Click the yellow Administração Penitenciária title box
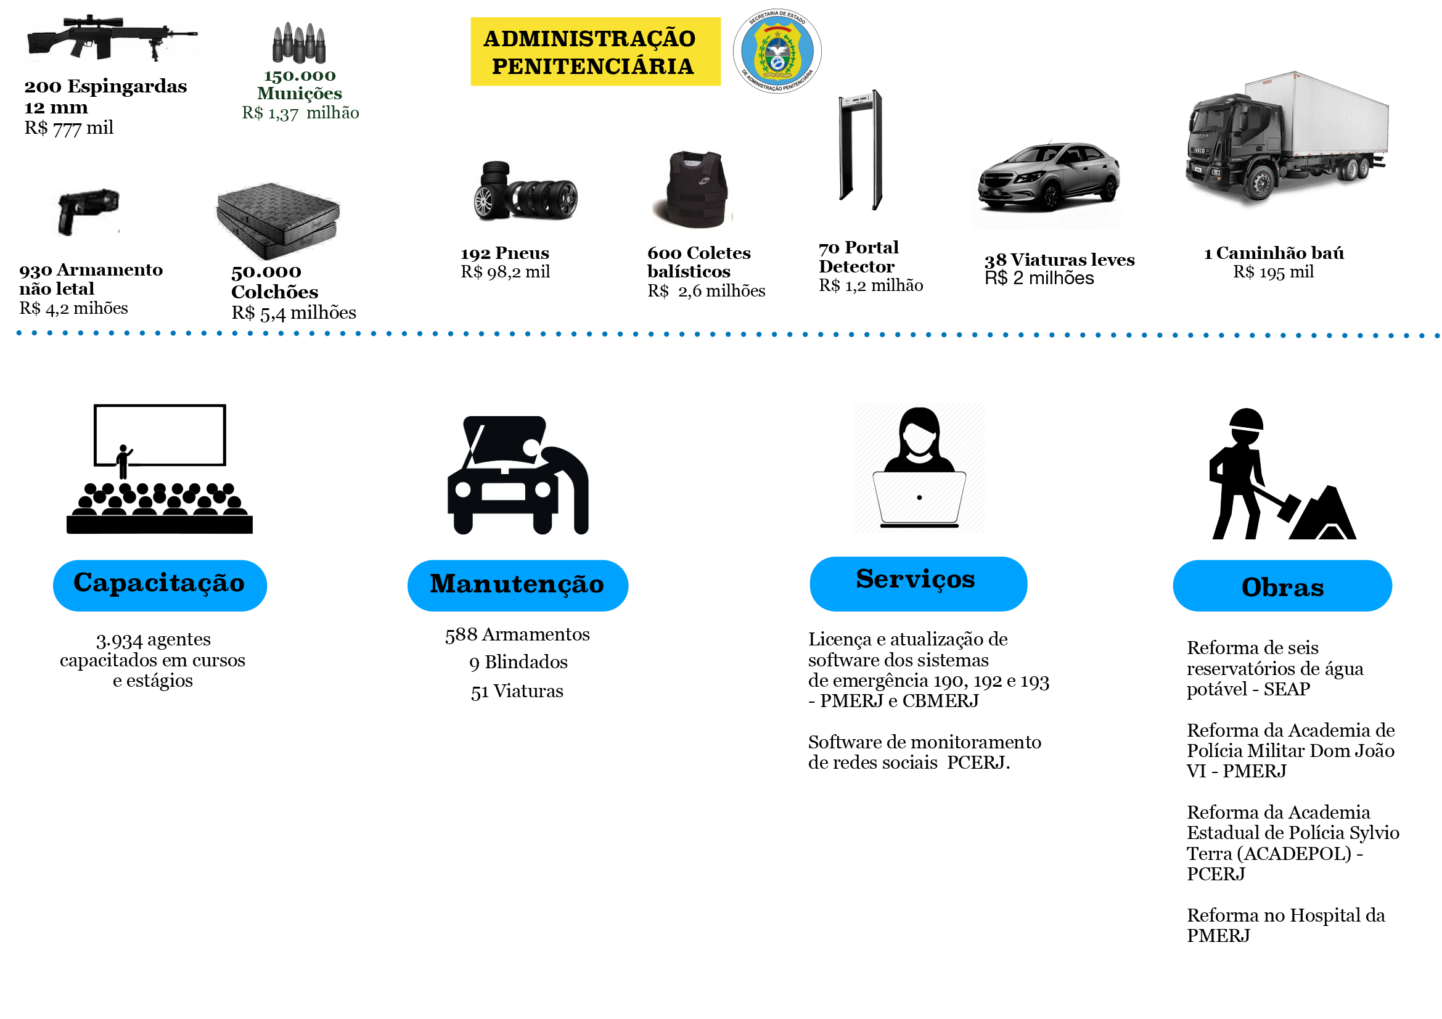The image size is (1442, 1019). (x=596, y=52)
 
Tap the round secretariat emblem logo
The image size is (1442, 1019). (x=777, y=51)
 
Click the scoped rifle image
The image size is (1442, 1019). (x=111, y=37)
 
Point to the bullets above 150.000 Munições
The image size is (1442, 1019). (x=299, y=43)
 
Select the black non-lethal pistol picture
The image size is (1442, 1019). (x=88, y=211)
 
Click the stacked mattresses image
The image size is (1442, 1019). (x=277, y=220)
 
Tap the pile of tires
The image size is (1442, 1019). (x=525, y=192)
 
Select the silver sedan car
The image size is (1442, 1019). (x=1048, y=176)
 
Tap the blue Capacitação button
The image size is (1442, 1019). (x=160, y=585)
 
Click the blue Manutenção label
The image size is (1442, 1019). (x=517, y=585)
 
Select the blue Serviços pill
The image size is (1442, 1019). (x=918, y=583)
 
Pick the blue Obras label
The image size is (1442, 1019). (x=1282, y=585)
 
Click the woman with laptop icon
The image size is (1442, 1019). (x=919, y=468)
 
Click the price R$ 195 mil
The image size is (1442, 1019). (x=1273, y=272)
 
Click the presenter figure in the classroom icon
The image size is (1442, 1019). (x=124, y=462)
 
